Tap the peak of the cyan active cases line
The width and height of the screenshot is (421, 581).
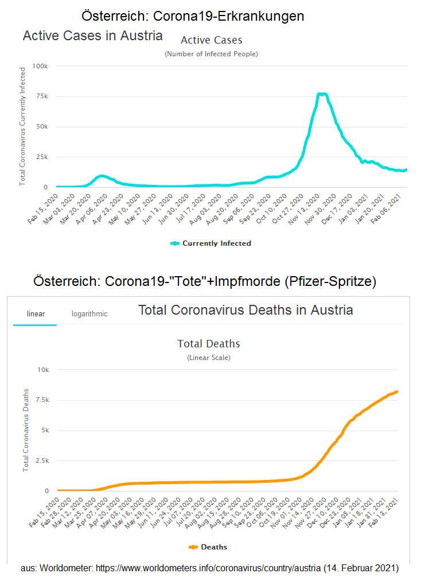click(322, 94)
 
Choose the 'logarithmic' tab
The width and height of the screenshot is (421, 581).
click(89, 314)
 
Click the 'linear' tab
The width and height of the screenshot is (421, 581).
click(36, 314)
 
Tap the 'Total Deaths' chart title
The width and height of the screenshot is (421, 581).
click(209, 344)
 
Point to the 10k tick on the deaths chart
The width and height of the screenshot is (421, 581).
click(45, 370)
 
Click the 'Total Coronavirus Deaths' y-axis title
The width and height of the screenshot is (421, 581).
click(26, 431)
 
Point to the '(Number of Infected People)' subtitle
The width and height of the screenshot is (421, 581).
click(211, 54)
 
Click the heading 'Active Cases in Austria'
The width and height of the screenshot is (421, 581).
click(92, 36)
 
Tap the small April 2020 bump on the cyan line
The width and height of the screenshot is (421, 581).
click(102, 176)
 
